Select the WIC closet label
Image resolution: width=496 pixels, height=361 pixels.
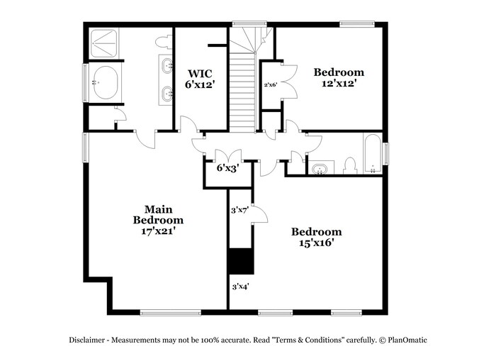(200, 73)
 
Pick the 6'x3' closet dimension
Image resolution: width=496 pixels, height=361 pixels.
(227, 168)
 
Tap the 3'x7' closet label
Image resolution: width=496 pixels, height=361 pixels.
(239, 210)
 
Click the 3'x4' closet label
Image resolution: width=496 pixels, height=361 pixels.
(240, 287)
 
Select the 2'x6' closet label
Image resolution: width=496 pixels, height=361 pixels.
(269, 85)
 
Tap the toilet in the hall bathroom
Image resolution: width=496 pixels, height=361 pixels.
(348, 166)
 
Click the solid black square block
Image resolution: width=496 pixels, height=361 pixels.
(240, 261)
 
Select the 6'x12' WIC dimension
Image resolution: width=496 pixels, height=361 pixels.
(200, 84)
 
